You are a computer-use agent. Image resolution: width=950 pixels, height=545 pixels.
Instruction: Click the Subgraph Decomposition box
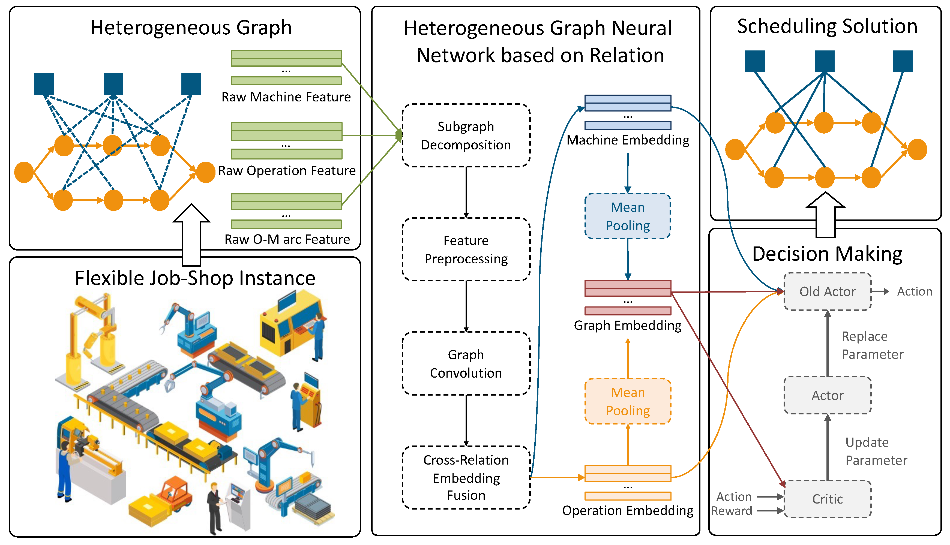tap(466, 135)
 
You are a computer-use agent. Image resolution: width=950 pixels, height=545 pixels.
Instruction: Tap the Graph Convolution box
tap(466, 363)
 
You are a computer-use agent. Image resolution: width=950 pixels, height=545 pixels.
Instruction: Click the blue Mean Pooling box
tap(628, 216)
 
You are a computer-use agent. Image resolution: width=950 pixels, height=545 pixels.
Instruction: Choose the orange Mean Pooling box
tap(628, 401)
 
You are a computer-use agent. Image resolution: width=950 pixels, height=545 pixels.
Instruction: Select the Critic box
tap(828, 499)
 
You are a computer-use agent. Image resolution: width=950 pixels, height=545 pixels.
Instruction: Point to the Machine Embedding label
tap(628, 140)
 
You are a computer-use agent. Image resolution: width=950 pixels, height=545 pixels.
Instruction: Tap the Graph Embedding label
tap(628, 325)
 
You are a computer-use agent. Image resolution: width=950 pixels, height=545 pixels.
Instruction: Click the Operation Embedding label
tap(628, 511)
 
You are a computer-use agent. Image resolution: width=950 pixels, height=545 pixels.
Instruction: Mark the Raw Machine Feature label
tap(286, 97)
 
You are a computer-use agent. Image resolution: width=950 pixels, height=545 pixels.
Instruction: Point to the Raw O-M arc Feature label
tap(287, 239)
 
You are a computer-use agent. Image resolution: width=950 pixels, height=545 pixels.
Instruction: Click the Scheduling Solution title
tap(827, 26)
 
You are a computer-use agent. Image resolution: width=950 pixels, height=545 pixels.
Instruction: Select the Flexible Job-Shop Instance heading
tap(195, 278)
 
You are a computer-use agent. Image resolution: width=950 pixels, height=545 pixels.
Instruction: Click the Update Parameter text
tap(876, 451)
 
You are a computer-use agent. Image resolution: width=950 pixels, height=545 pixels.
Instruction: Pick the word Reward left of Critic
tap(732, 511)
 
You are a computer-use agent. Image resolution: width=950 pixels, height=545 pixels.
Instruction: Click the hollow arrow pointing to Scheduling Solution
tap(825, 215)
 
